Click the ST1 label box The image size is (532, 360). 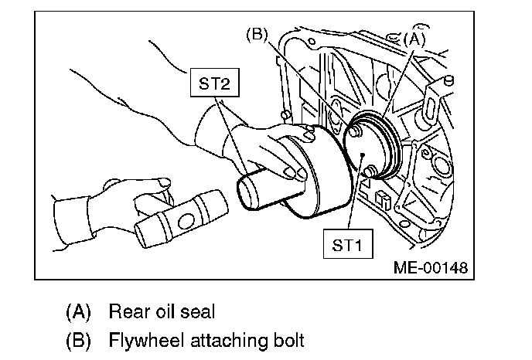pyautogui.click(x=345, y=246)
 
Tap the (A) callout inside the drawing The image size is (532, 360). pyautogui.click(x=414, y=36)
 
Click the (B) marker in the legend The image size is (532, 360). pyautogui.click(x=78, y=340)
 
